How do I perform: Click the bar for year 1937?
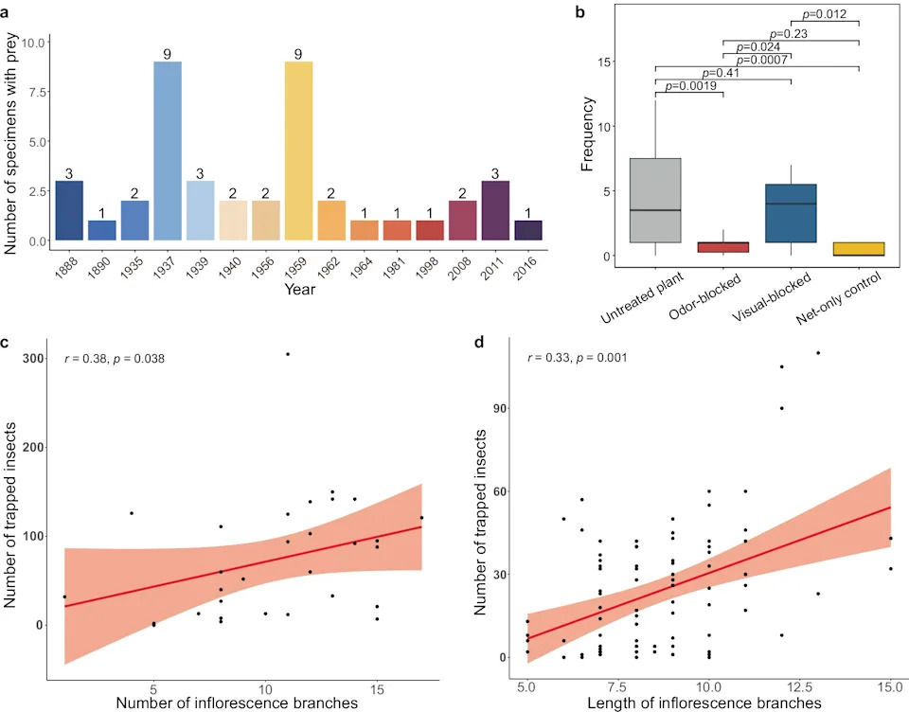(x=168, y=151)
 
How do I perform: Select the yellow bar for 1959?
(x=298, y=151)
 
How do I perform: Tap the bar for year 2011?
(x=495, y=210)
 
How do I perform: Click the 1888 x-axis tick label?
(x=66, y=269)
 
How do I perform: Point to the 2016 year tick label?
(x=526, y=269)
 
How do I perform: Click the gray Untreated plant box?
(x=655, y=200)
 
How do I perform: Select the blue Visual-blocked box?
(x=791, y=213)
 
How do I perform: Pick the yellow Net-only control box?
(x=859, y=249)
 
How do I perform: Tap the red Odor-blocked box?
(x=722, y=247)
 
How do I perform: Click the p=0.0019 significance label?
(x=690, y=86)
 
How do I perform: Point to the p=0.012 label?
(x=825, y=14)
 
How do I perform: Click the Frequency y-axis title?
(x=587, y=133)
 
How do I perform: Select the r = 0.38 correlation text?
(x=115, y=359)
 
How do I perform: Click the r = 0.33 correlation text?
(x=577, y=358)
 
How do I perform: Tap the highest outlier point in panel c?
(x=288, y=354)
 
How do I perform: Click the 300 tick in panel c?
(x=33, y=358)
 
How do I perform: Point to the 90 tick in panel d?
(x=500, y=408)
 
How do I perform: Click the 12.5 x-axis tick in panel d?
(x=799, y=687)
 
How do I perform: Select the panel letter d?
(x=479, y=342)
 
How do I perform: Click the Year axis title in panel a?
(x=300, y=289)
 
